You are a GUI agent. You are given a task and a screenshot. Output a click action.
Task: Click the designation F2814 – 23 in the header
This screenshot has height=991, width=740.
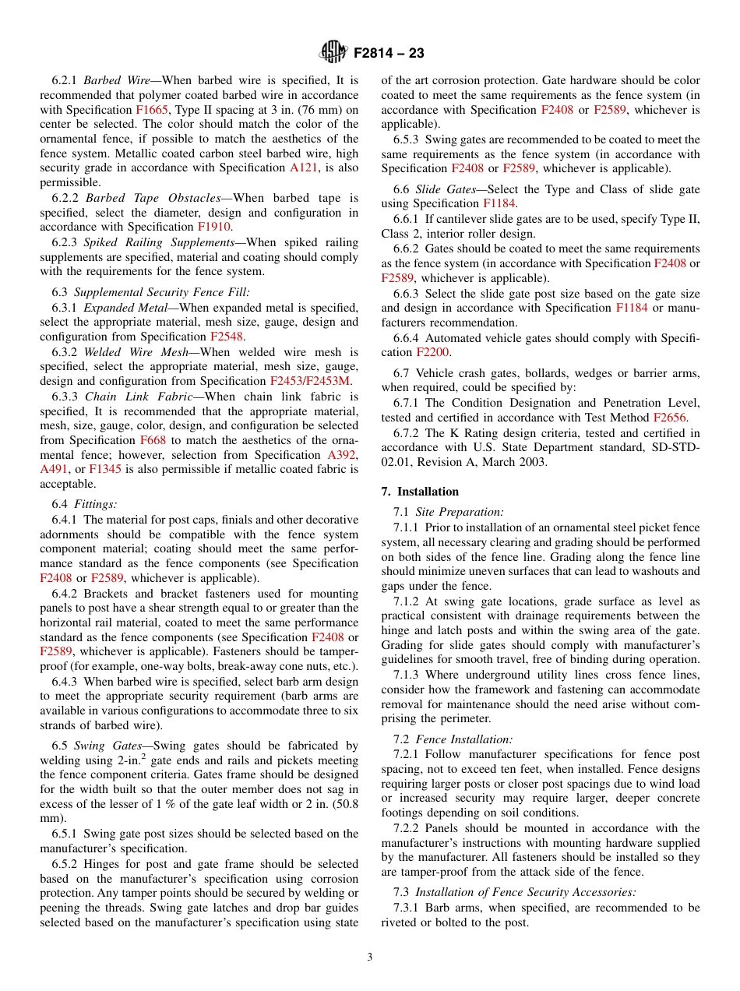389,54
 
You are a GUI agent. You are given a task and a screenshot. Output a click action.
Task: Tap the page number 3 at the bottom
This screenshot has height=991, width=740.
370,957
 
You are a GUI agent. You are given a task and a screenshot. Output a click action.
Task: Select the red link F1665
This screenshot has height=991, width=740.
151,110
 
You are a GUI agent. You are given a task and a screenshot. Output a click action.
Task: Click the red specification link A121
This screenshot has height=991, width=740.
304,168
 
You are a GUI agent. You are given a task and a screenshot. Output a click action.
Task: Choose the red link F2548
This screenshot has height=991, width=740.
227,337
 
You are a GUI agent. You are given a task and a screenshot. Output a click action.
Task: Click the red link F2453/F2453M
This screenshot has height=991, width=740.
310,381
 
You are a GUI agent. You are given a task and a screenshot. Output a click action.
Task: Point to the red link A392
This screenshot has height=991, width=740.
343,455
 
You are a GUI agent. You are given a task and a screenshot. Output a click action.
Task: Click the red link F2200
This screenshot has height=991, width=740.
432,352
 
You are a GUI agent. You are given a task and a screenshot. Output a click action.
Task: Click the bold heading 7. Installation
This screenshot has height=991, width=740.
420,492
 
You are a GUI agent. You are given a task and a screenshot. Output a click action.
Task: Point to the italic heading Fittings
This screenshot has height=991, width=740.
96,504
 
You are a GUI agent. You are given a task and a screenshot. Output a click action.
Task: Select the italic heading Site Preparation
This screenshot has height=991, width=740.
460,512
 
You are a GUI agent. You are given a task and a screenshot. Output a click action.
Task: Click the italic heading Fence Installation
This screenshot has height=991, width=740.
464,739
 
